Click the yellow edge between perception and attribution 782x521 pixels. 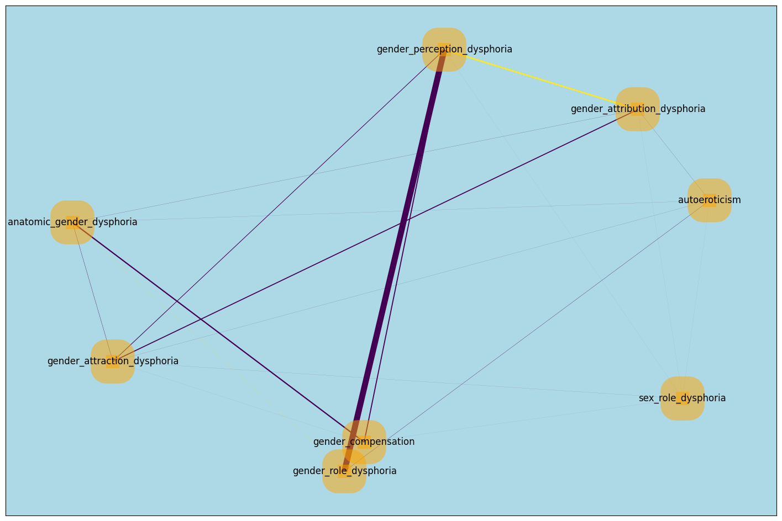pyautogui.click(x=542, y=79)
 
